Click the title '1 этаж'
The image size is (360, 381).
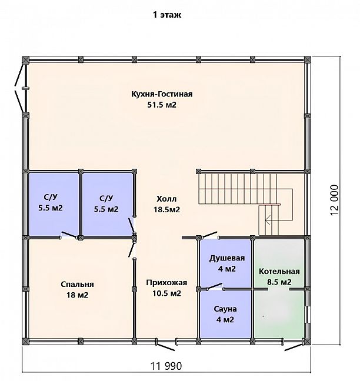coord(167,15)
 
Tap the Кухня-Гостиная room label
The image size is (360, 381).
coord(162,94)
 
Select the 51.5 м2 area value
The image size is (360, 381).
coord(162,105)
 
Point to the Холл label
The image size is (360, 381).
coord(166,199)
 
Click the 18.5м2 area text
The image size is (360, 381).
coord(166,209)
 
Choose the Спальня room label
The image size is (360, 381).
coord(77,284)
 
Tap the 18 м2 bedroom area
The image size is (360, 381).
coord(77,295)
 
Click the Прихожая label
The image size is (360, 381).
coord(166,283)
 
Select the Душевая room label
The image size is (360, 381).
coord(227,258)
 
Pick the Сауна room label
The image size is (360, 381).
coord(225,309)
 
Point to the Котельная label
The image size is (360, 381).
coord(279,271)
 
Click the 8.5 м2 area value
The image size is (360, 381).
coord(279,282)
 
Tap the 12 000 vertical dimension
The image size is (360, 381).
coord(334,200)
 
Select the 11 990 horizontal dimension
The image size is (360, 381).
coord(166,366)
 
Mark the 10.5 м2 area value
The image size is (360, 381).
coord(166,293)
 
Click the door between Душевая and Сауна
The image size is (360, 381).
coord(213,287)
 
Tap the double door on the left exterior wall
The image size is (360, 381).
coord(20,88)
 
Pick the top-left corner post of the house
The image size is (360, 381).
coord(25,60)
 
